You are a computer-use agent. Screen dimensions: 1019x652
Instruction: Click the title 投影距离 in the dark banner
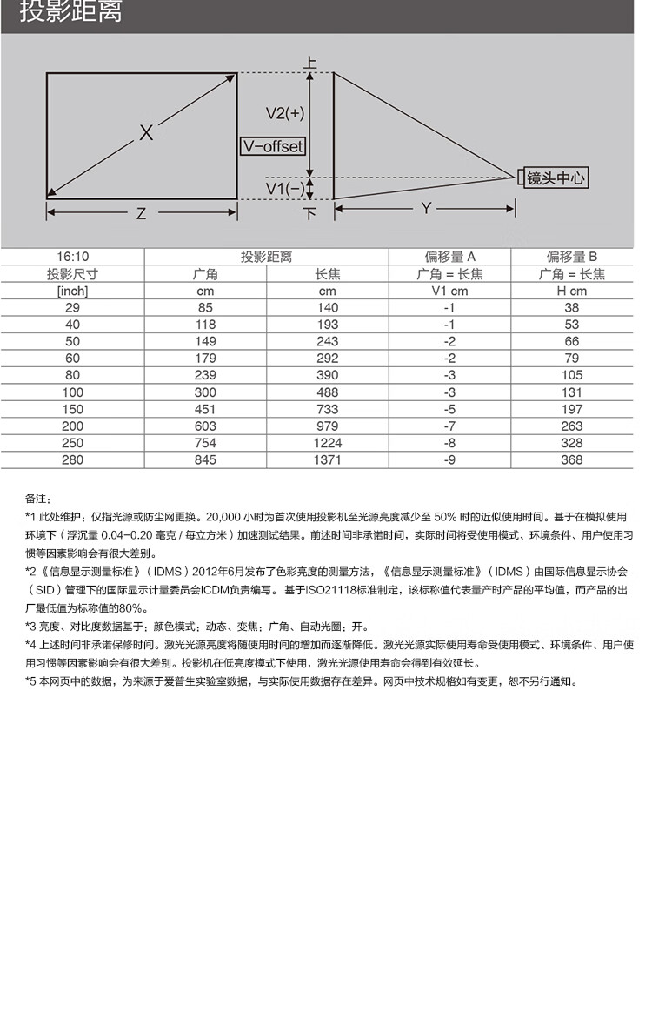pos(71,12)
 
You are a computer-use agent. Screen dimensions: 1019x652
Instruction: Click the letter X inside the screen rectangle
pos(146,132)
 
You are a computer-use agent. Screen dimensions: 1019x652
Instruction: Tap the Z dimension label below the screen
pos(141,213)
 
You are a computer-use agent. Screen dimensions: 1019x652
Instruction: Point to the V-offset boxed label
pos(273,147)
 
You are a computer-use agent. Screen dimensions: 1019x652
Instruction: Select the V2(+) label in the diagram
pos(284,113)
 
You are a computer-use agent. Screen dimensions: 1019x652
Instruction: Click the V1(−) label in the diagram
pos(284,188)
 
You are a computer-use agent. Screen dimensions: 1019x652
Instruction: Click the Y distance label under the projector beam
pos(426,208)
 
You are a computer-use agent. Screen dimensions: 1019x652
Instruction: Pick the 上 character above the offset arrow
pos(310,62)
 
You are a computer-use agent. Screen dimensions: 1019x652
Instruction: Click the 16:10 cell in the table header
pos(73,257)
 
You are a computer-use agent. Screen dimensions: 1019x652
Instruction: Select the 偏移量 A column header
pos(449,257)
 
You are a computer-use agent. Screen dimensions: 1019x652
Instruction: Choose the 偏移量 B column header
pos(571,257)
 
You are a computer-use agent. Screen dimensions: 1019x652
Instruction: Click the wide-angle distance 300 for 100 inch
pos(204,392)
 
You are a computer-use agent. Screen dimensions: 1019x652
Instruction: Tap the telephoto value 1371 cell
pos(327,459)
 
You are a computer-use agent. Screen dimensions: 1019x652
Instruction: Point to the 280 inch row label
pos(73,459)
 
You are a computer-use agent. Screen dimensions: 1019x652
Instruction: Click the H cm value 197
pos(571,409)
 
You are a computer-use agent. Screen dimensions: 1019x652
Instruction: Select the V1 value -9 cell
pos(449,459)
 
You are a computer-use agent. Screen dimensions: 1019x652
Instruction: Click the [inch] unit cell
pos(73,291)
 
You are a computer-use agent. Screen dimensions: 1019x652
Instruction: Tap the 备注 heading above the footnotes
pos(38,499)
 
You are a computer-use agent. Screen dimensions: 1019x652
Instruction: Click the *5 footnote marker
pos(30,681)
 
